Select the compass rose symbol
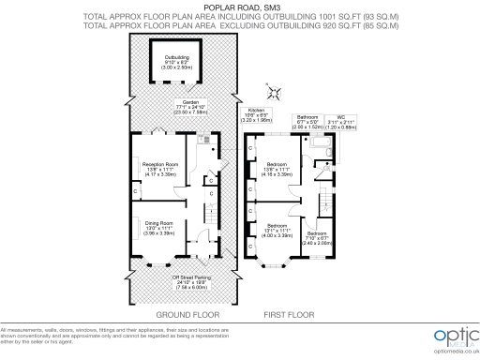pyautogui.click(x=274, y=92)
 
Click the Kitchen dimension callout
pyautogui.click(x=255, y=118)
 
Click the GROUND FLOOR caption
pyautogui.click(x=177, y=317)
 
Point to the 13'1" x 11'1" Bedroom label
pyautogui.click(x=277, y=228)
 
